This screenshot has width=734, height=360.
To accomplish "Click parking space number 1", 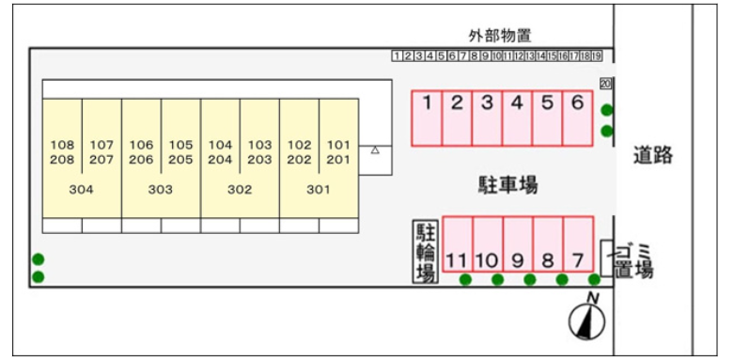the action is click(427, 117).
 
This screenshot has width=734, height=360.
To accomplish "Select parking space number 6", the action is click(577, 117).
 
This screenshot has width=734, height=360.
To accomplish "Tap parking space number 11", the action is click(458, 245).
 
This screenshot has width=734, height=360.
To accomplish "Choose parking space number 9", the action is click(518, 245).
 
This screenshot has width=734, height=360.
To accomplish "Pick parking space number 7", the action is click(578, 245).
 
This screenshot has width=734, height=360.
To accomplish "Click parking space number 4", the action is click(517, 117).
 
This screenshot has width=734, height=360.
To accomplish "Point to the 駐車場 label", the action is click(508, 184).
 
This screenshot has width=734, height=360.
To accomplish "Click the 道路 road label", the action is click(652, 155).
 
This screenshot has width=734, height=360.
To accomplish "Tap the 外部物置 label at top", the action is click(500, 37).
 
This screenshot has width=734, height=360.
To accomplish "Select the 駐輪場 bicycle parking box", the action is click(426, 251).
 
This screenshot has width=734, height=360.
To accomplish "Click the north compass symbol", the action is click(587, 320).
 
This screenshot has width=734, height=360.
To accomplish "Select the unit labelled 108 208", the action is click(62, 152).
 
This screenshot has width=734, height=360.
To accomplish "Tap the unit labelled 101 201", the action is click(338, 152).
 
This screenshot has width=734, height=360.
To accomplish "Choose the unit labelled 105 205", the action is click(180, 152).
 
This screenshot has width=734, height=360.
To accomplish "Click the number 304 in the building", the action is click(82, 189).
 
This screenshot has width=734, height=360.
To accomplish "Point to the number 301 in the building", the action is click(319, 189).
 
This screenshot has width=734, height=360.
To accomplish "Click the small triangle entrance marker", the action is click(375, 149).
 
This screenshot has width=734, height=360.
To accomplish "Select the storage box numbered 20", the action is click(605, 83).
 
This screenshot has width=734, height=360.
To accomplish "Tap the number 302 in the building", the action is click(240, 189).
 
